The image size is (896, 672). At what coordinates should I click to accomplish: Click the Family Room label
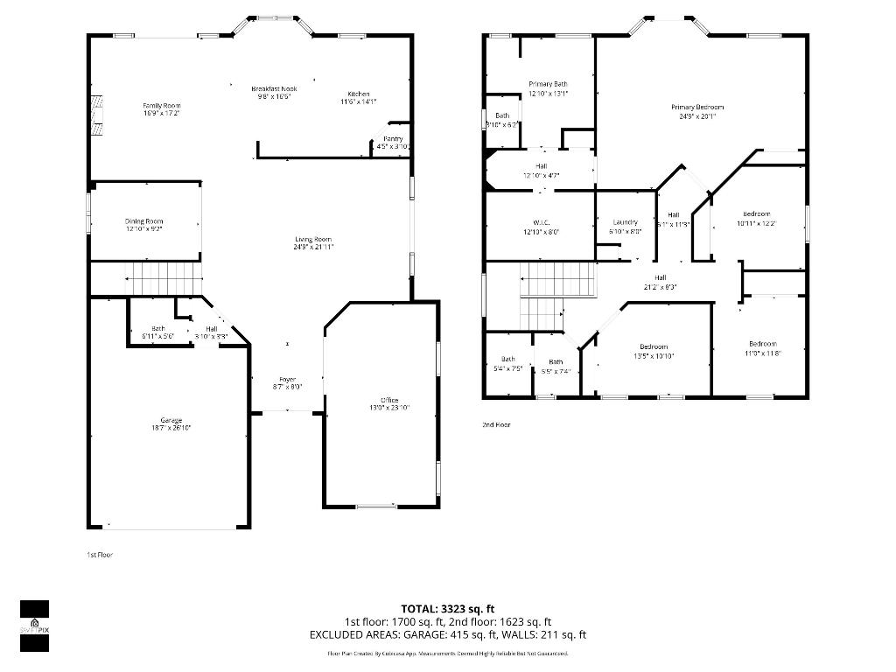pos(162,106)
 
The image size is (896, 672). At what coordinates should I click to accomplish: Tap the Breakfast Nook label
pos(274,88)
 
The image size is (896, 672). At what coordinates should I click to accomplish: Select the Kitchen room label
pos(359,94)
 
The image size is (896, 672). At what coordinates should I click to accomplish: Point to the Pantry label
pos(393,139)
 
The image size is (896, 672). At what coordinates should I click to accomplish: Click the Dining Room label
pos(143,221)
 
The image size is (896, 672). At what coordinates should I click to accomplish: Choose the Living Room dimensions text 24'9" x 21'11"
pos(313,248)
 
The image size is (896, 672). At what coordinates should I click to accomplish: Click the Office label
pos(389,400)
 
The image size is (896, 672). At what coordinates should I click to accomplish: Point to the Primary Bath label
pos(549,84)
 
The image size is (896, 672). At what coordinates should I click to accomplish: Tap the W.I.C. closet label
pos(540,222)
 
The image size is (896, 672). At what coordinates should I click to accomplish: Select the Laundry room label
pos(625,222)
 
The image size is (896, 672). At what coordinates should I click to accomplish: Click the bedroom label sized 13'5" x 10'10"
pos(653,346)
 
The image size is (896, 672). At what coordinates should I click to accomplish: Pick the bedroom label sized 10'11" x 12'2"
pos(757,214)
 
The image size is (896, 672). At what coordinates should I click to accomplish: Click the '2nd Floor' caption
pos(496,424)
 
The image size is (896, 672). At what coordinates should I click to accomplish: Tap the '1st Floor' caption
pos(99,555)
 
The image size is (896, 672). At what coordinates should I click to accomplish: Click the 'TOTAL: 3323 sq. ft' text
pos(448,608)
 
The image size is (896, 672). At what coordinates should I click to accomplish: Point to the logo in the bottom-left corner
pos(34,626)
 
